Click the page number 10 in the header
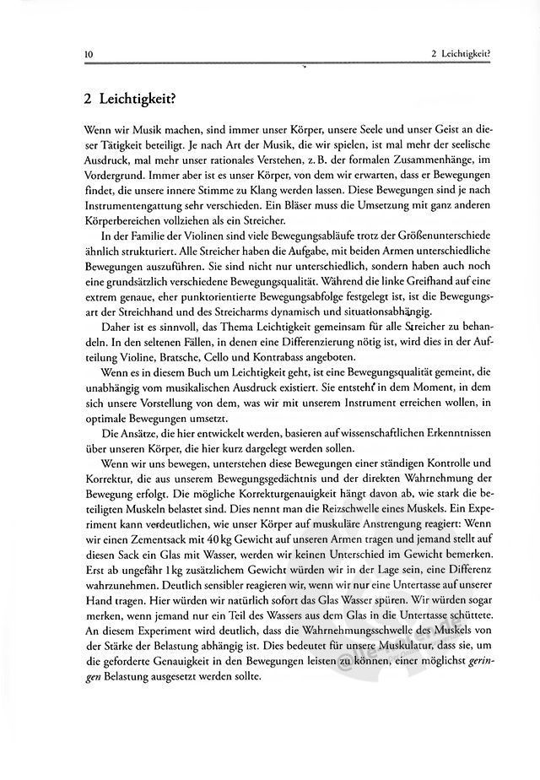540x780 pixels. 89,56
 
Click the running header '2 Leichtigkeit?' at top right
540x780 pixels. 461,56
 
